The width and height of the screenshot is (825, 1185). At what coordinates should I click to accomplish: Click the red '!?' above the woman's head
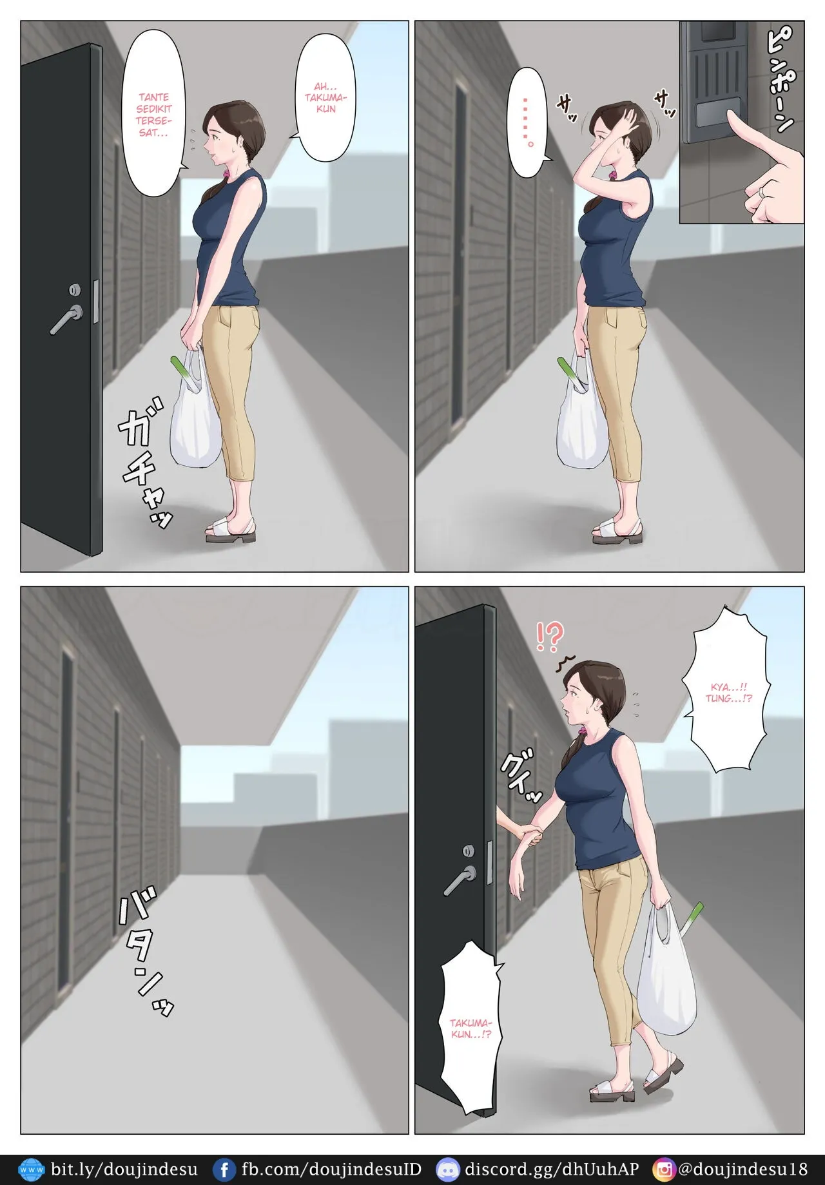[550, 636]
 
